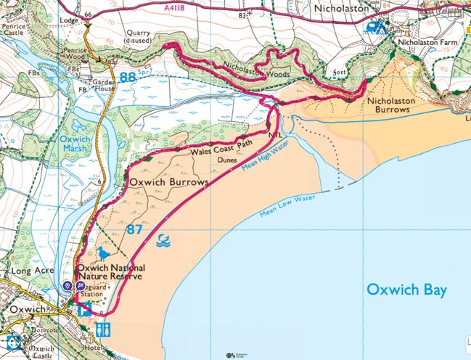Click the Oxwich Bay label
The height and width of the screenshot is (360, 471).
[x=406, y=290]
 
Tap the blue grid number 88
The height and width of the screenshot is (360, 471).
[x=128, y=76]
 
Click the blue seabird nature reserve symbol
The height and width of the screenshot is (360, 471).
[x=106, y=253]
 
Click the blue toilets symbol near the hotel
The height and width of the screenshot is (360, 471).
[x=102, y=330]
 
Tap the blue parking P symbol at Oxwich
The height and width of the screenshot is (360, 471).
[x=79, y=287]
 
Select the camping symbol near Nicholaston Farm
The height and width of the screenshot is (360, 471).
[x=375, y=27]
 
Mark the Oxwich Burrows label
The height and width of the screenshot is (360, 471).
[x=168, y=181]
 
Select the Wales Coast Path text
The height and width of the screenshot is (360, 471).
[x=221, y=149]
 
